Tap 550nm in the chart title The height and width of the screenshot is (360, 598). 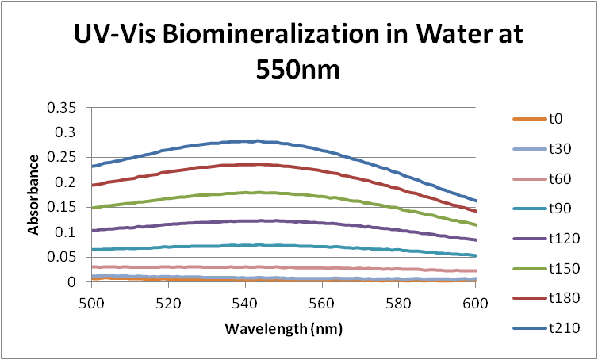[297, 69]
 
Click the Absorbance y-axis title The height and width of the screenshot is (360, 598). [34, 193]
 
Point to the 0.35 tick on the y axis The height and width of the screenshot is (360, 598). [67, 107]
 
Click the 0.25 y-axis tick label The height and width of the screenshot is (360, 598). [67, 157]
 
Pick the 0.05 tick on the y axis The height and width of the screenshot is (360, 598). [67, 257]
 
